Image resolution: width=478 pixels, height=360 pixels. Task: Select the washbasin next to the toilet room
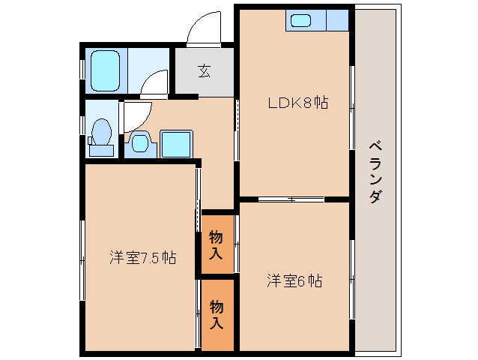140,142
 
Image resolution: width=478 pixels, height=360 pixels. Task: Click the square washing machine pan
177,143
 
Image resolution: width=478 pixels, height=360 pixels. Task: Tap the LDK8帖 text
298,103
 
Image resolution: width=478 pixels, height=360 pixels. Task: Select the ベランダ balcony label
375,172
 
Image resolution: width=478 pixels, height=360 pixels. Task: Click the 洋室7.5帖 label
142,258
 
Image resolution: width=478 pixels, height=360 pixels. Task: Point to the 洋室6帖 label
294,281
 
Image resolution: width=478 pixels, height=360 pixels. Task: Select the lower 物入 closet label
216,314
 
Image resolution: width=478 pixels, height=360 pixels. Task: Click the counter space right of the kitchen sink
338,19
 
